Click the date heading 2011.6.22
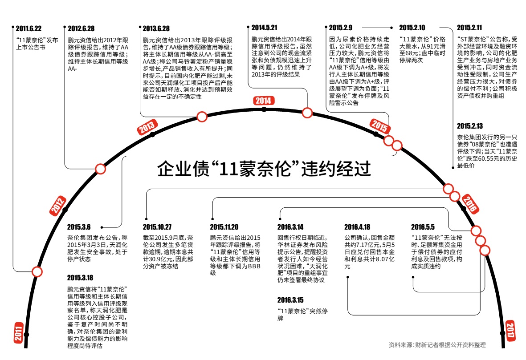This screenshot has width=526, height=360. point(29,28)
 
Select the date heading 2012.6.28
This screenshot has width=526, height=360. point(81,28)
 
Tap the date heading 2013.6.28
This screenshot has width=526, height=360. point(156,28)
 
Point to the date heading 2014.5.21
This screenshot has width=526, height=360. point(265,27)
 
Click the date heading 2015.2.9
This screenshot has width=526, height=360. point(341,27)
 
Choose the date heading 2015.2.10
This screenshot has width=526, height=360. point(412,27)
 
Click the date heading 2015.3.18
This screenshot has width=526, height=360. point(81,278)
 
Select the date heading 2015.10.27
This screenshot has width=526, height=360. point(157,226)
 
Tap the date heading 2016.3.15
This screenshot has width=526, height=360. point(290,299)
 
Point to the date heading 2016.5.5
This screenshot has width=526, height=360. point(423,226)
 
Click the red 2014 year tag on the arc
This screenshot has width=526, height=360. point(263,101)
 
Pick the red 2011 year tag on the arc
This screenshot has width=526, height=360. point(19,332)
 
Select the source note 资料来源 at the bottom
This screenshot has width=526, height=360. point(437,345)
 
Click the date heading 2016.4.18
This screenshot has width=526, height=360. point(357,226)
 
